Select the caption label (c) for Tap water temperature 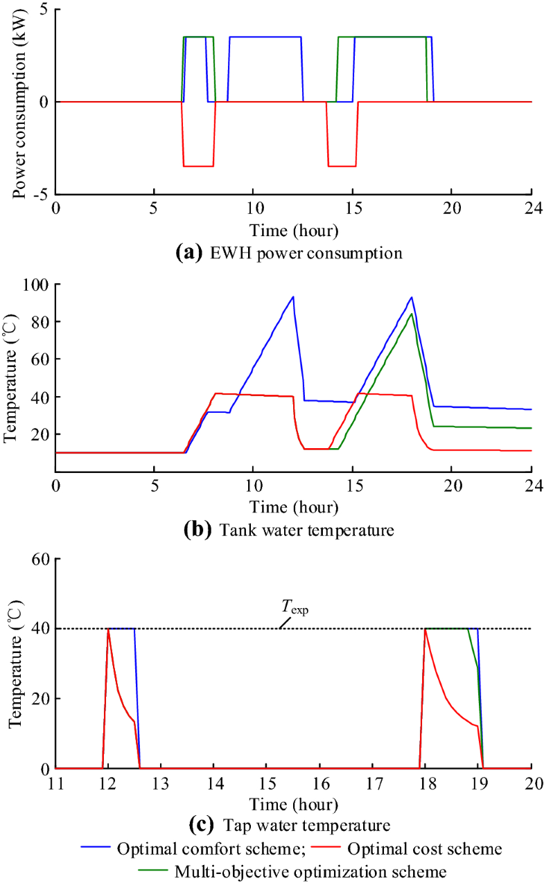[x=201, y=825]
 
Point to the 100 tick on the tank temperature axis [x=35, y=285]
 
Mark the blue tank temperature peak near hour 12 [x=293, y=297]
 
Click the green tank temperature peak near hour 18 [x=412, y=314]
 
